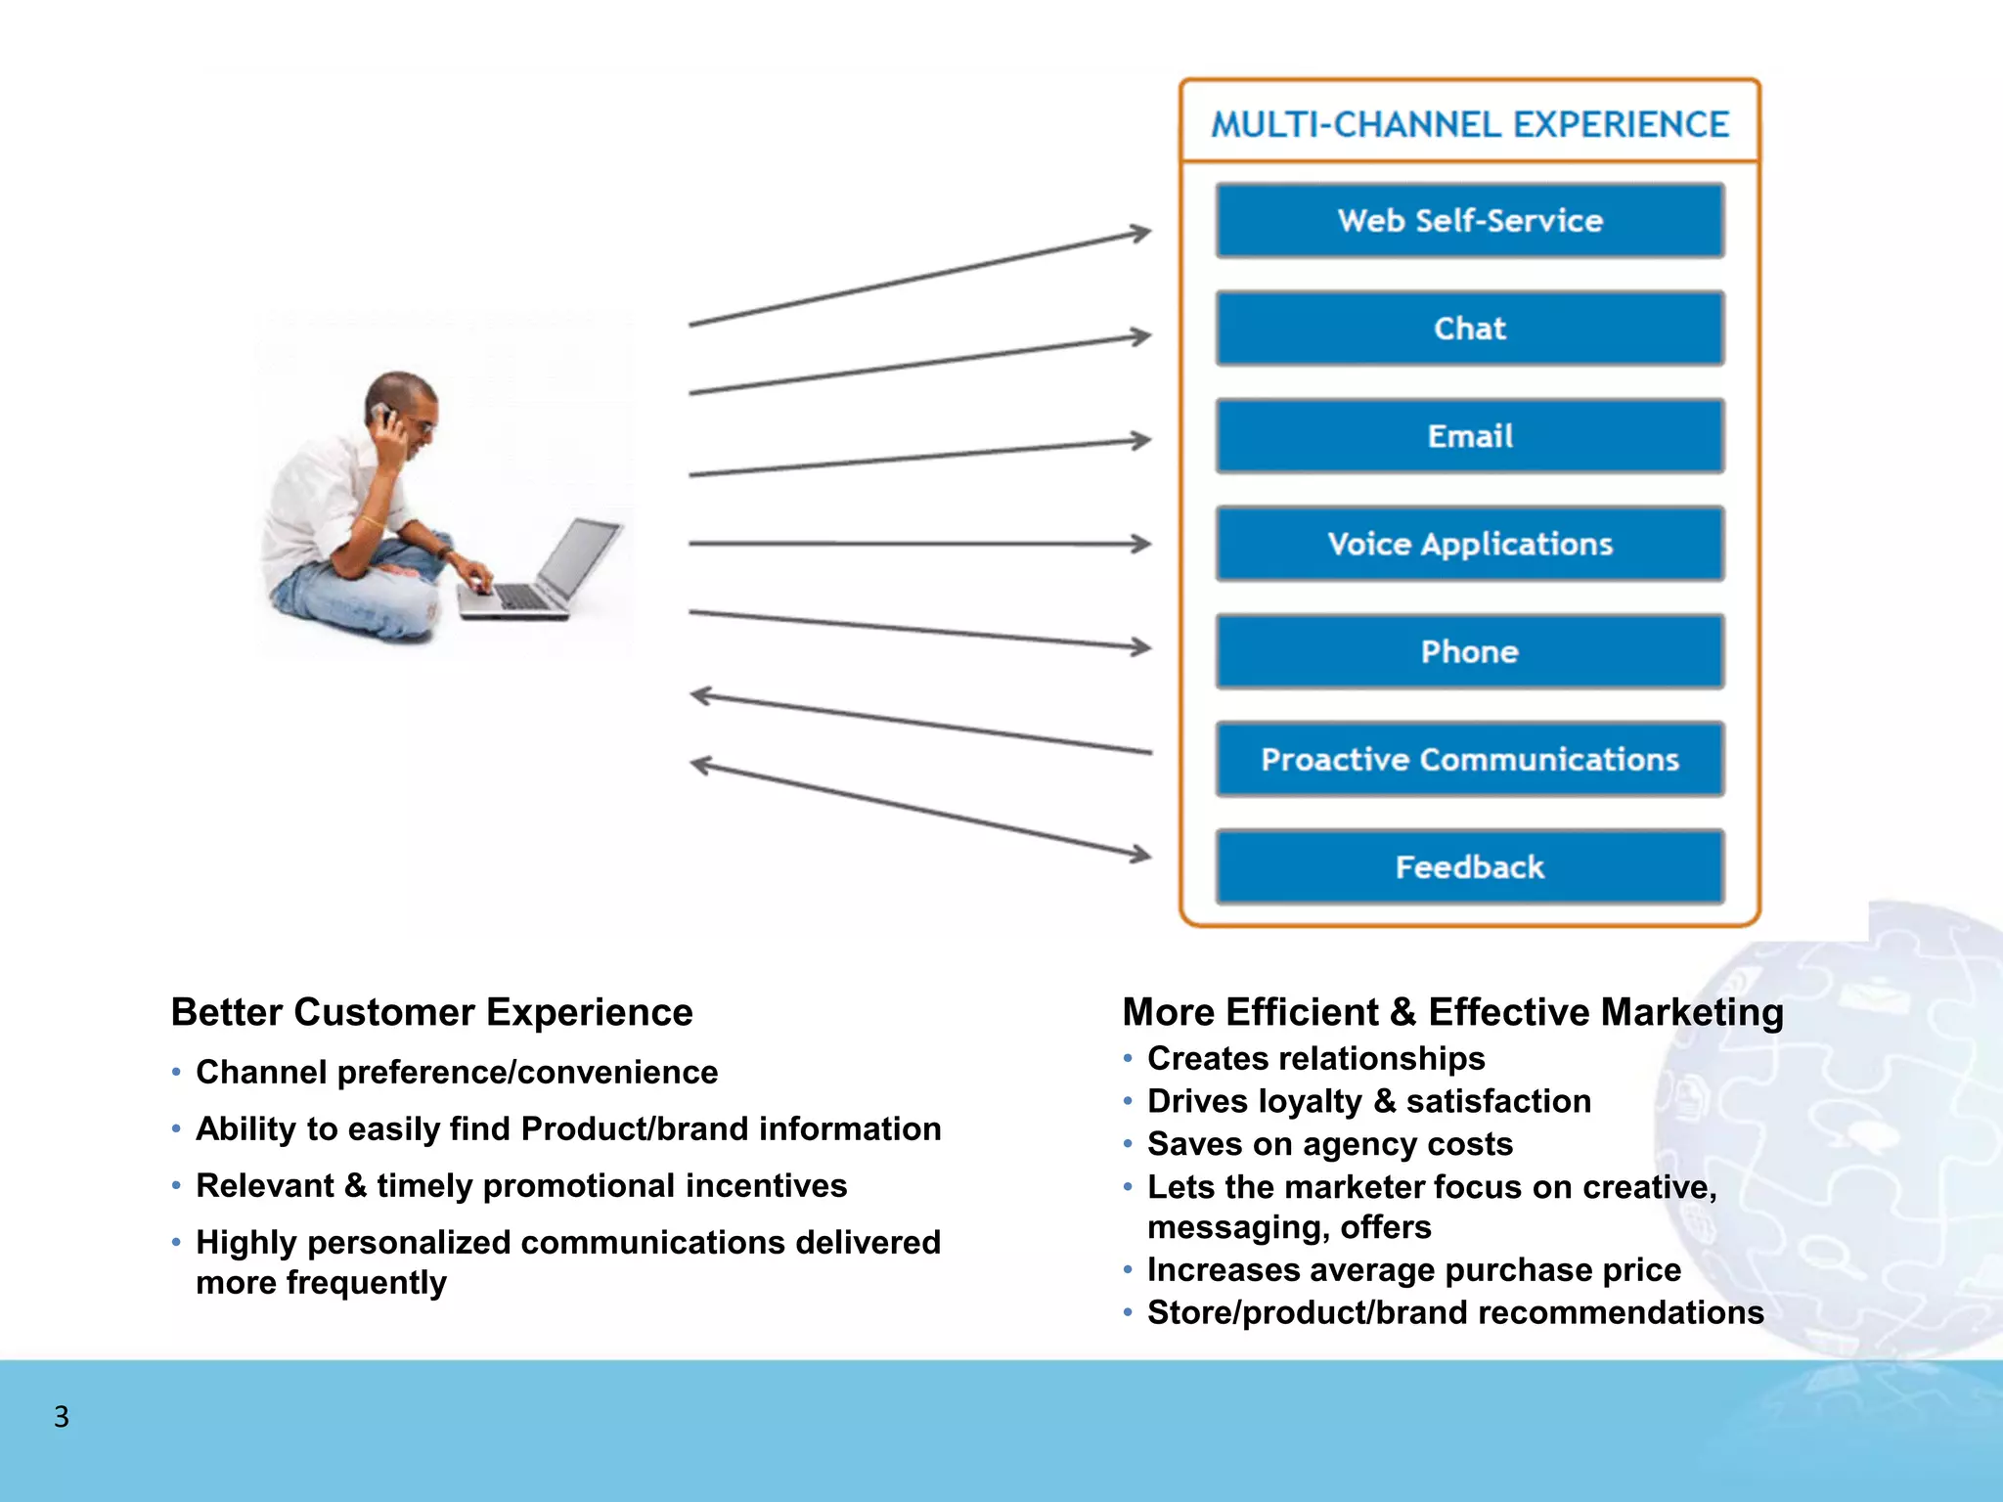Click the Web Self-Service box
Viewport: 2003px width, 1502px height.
1469,221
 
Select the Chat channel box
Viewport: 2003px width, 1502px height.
1469,329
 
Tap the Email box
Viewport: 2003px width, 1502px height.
1469,436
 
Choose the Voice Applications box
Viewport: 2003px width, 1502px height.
1469,544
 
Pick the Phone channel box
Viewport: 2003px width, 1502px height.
1469,651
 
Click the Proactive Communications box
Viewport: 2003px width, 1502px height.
1469,760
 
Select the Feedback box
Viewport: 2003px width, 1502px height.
1469,867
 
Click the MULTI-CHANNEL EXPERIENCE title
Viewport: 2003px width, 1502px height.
1469,125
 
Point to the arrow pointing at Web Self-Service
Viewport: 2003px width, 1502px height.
919,279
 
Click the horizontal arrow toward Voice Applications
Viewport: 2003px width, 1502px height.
919,544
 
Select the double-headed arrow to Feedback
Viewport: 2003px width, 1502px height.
919,809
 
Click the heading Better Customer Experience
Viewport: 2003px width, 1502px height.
431,1012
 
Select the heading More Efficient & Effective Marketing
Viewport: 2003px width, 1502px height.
1452,1012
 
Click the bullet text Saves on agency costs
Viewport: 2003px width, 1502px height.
1329,1144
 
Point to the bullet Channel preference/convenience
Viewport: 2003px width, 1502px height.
457,1073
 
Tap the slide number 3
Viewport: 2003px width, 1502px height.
62,1417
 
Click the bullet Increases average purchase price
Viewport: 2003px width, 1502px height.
1413,1270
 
